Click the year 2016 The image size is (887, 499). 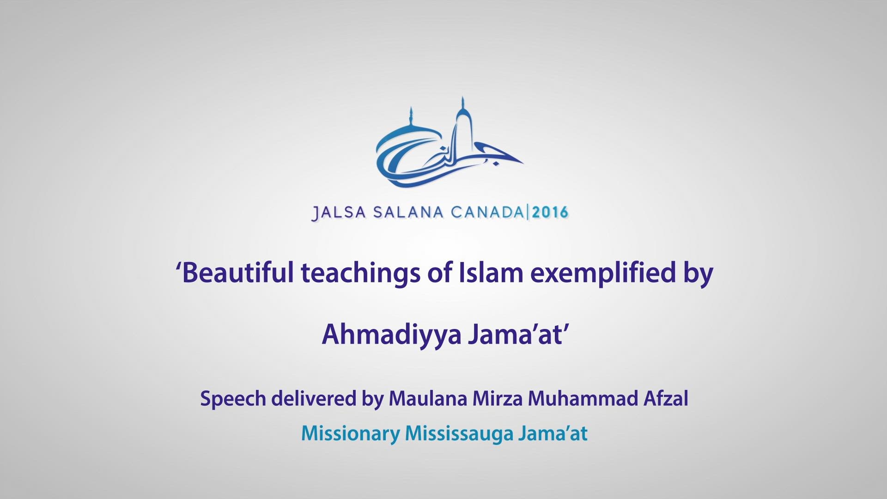(550, 213)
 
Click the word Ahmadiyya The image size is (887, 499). (392, 335)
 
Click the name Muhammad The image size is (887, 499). (583, 398)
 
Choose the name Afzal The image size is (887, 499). (666, 398)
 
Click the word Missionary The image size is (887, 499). (350, 434)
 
